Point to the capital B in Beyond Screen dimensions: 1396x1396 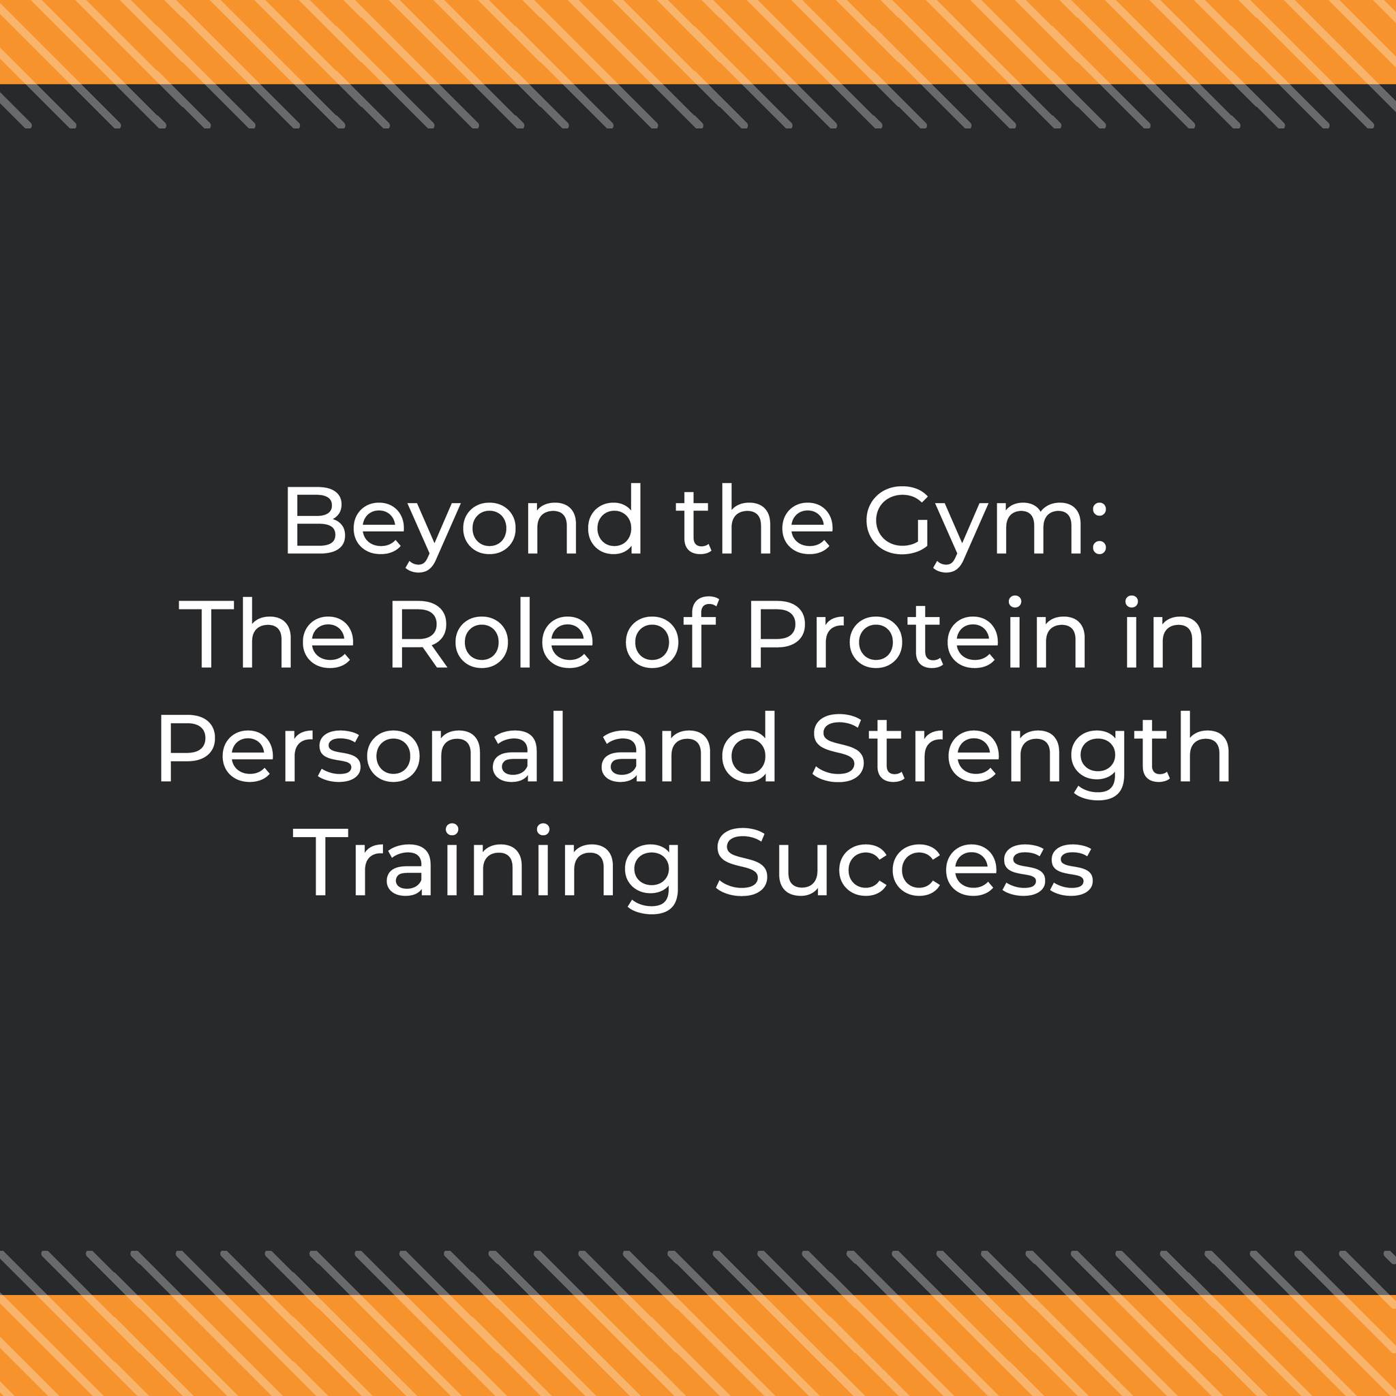(x=312, y=521)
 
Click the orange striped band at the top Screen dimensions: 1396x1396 (x=698, y=42)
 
